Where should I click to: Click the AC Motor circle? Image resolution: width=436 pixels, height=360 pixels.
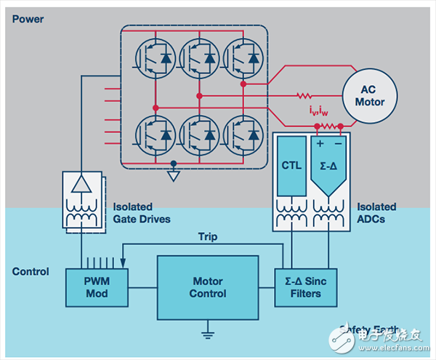pyautogui.click(x=369, y=95)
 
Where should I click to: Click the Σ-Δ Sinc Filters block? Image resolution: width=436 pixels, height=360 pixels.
pyautogui.click(x=303, y=287)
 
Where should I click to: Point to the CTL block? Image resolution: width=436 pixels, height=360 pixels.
pyautogui.click(x=291, y=166)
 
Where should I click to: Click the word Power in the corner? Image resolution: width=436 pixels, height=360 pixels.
pyautogui.click(x=28, y=19)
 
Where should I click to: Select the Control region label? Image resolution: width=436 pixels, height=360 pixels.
pyautogui.click(x=31, y=272)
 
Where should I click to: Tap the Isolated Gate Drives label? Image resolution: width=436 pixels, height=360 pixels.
pyautogui.click(x=142, y=212)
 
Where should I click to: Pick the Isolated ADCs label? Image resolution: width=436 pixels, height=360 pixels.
pyautogui.click(x=377, y=212)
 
